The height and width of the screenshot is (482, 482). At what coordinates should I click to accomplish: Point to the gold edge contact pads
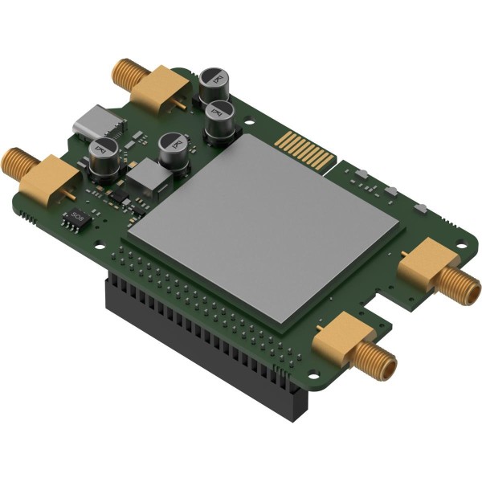click(304, 149)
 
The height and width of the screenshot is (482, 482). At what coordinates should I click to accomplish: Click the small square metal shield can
click(145, 178)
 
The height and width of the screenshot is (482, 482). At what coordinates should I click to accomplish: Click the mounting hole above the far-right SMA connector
click(420, 208)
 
